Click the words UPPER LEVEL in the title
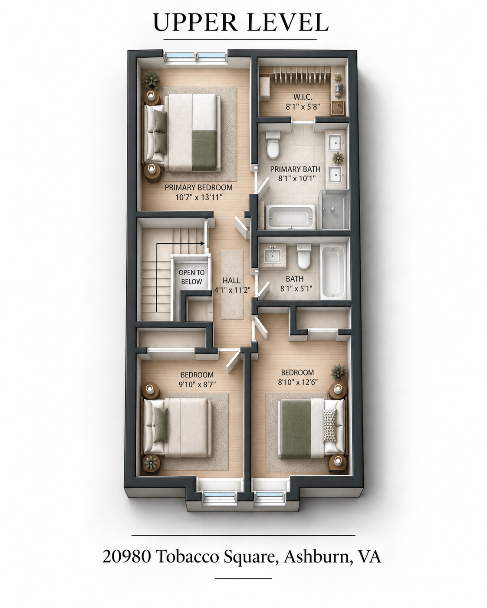click(240, 22)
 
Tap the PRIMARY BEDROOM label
click(198, 188)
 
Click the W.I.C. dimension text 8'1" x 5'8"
click(303, 107)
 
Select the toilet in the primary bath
click(273, 145)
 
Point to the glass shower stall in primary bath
click(334, 209)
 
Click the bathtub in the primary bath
click(290, 217)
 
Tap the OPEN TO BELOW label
click(192, 277)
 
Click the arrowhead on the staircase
click(203, 243)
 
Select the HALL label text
click(231, 280)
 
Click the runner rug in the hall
click(232, 285)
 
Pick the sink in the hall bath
click(273, 255)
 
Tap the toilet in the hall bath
click(304, 257)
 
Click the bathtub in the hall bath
click(333, 271)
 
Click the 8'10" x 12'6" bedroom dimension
click(298, 382)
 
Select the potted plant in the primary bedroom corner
click(151, 79)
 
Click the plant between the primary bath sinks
click(338, 158)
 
